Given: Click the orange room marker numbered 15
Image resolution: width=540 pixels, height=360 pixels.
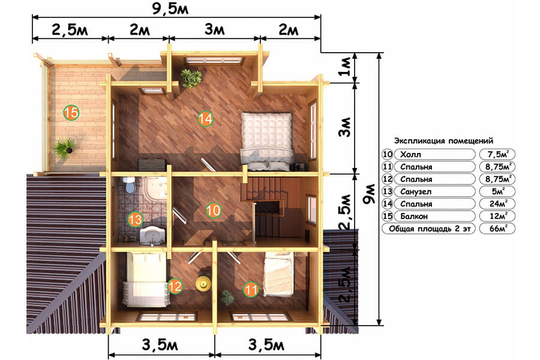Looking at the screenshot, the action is coord(71,113).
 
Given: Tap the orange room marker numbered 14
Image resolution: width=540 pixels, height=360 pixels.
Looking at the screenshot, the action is coord(206,119).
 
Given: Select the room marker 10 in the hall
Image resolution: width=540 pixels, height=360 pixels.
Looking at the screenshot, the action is coord(213,210).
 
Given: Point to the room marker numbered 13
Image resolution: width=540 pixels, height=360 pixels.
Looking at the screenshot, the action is coord(135,219).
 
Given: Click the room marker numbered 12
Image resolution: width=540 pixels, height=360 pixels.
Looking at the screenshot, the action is coord(175,286).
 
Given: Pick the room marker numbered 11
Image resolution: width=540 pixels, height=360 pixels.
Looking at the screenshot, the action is coord(251,289).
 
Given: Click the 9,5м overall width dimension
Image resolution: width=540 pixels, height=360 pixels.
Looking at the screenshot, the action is coord(170,8).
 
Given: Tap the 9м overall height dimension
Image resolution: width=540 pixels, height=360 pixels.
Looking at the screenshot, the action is coord(369,194).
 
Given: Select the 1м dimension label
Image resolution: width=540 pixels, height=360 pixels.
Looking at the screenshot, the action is coord(346,66).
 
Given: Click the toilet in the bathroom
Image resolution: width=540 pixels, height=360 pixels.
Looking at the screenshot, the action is coord(130,185).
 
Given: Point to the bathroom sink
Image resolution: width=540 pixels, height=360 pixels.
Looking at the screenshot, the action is coord(152,235).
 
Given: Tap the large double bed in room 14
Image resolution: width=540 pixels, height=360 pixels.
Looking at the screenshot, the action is coord(267,141).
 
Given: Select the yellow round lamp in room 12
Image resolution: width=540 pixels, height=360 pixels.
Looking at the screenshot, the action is coord(203,282).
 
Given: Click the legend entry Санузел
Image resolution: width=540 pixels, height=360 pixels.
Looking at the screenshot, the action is coord(416,191).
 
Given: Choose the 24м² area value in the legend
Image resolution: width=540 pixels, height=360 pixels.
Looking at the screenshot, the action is coord(497,203).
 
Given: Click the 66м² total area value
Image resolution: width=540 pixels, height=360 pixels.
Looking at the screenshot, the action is coord(497,229).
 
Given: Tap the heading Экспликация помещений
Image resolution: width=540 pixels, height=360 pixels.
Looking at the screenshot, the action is coord(443,140).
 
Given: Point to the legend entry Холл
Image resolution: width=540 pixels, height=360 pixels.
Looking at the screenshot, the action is coord(410,155).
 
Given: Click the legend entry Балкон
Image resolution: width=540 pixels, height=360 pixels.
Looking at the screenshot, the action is coord(414,217).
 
